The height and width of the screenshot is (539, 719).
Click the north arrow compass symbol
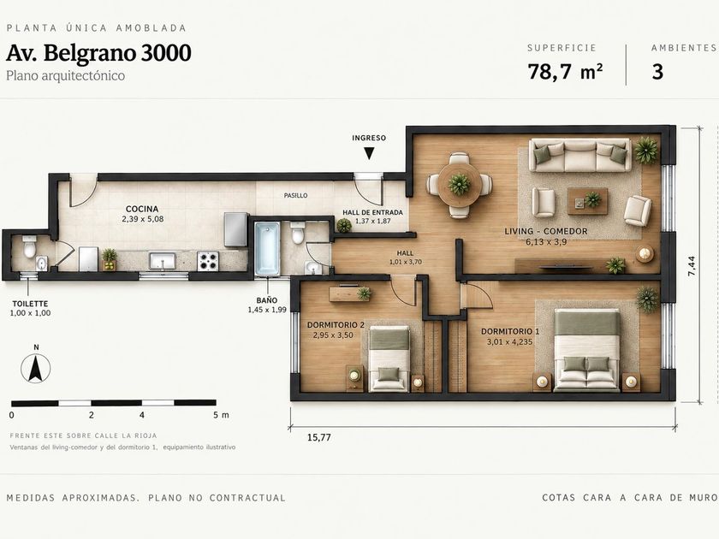pos(36,368)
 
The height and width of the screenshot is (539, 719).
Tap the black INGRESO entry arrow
pos(369,153)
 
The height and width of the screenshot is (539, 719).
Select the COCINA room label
pos(142,209)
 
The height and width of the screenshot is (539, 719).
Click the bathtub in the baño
pos(267,248)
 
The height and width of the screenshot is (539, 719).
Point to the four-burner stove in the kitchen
pos(208,261)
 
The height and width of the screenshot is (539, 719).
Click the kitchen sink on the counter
pos(163,261)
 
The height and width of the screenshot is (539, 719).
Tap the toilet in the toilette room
pos(29,246)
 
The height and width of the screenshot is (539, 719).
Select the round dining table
pos(459,185)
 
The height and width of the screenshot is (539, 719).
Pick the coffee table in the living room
pos(588,201)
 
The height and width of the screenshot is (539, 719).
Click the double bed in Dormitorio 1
pos(587,350)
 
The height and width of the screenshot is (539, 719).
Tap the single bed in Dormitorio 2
pos(389,358)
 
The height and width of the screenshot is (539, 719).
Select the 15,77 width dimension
pos(319,437)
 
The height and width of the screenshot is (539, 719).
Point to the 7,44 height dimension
pos(692,266)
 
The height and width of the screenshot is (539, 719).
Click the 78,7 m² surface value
pos(565,72)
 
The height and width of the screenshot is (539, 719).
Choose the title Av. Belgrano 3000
pos(98,53)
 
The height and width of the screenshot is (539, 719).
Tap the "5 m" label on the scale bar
pos(221,415)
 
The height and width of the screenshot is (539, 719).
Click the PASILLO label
pos(296,195)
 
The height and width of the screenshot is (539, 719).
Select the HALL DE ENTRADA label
pos(373,213)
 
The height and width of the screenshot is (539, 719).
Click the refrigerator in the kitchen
pos(235,229)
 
